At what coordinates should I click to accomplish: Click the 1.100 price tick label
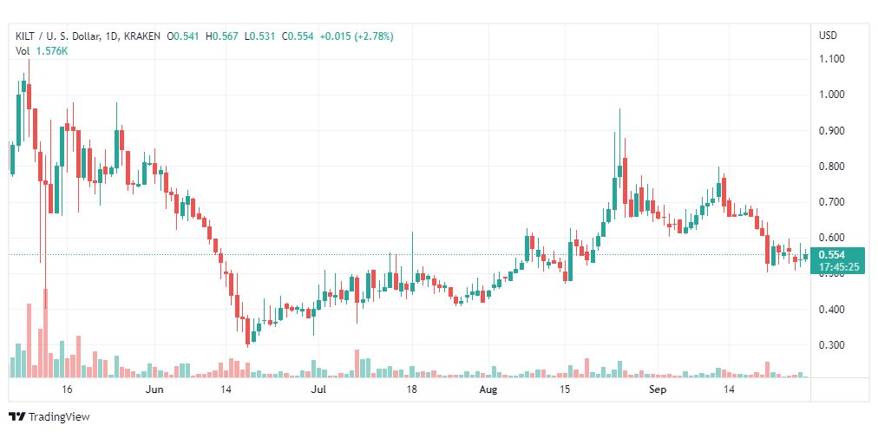click(832, 59)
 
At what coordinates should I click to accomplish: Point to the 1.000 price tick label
click(832, 95)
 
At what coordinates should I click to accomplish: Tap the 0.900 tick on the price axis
click(832, 130)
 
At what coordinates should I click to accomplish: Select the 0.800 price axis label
click(832, 167)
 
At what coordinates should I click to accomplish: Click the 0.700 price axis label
click(832, 202)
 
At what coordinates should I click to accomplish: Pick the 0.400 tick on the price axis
click(832, 310)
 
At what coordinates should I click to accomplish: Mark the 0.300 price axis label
click(832, 345)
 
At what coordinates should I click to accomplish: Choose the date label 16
click(67, 389)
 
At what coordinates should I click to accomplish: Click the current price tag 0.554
click(831, 256)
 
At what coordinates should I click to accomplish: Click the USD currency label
click(829, 36)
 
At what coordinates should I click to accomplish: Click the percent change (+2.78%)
click(372, 36)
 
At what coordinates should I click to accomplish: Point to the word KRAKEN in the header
click(141, 36)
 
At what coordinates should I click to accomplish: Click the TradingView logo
click(49, 417)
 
